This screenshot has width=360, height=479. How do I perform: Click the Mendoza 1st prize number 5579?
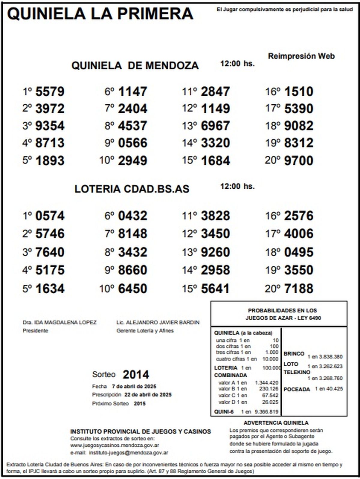(50, 91)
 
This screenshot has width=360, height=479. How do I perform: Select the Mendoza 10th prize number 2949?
(133, 161)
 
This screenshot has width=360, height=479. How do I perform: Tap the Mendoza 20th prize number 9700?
(298, 161)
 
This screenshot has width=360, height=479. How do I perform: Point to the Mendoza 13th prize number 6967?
(215, 126)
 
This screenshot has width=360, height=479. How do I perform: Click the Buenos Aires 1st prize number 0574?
(50, 216)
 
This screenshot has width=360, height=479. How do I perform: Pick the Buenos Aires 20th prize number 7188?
(298, 289)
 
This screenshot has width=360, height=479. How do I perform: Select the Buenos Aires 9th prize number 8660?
(133, 270)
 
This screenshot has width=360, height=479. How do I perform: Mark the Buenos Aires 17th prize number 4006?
(298, 234)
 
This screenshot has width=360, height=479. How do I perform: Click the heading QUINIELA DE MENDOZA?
(135, 65)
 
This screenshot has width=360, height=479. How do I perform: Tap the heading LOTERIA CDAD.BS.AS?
(132, 189)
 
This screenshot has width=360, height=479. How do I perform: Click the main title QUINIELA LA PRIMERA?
(100, 14)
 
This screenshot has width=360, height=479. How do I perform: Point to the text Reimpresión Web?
(301, 56)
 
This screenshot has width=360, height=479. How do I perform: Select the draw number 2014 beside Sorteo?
(136, 375)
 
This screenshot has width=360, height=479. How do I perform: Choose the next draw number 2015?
(139, 403)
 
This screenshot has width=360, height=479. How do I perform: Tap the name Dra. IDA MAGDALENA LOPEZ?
(59, 322)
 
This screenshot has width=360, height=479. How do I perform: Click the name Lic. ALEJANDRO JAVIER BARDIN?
(158, 322)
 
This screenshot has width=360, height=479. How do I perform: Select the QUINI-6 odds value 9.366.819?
(266, 412)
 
